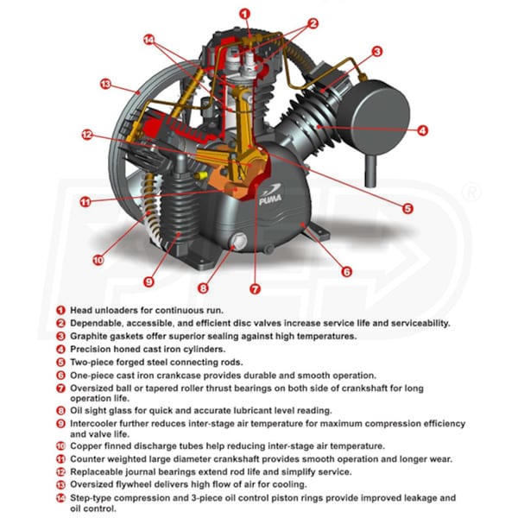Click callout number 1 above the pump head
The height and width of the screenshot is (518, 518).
(x=245, y=13)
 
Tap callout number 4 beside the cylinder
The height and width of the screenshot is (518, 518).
(x=422, y=131)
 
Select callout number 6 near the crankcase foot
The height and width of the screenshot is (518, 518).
(x=346, y=271)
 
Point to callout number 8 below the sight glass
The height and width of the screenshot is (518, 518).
(x=204, y=288)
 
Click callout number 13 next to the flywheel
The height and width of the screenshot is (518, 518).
(x=105, y=85)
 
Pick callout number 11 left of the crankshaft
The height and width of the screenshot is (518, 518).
(x=85, y=202)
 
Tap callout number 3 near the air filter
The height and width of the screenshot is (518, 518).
(x=377, y=52)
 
